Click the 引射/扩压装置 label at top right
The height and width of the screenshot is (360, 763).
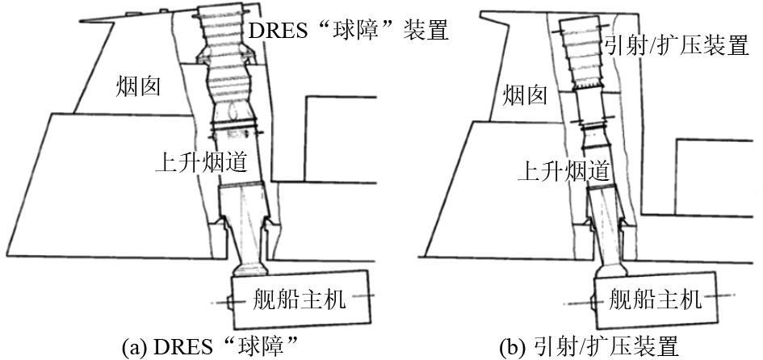coord(675,45)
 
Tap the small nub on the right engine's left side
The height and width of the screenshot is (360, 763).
coord(592,302)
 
